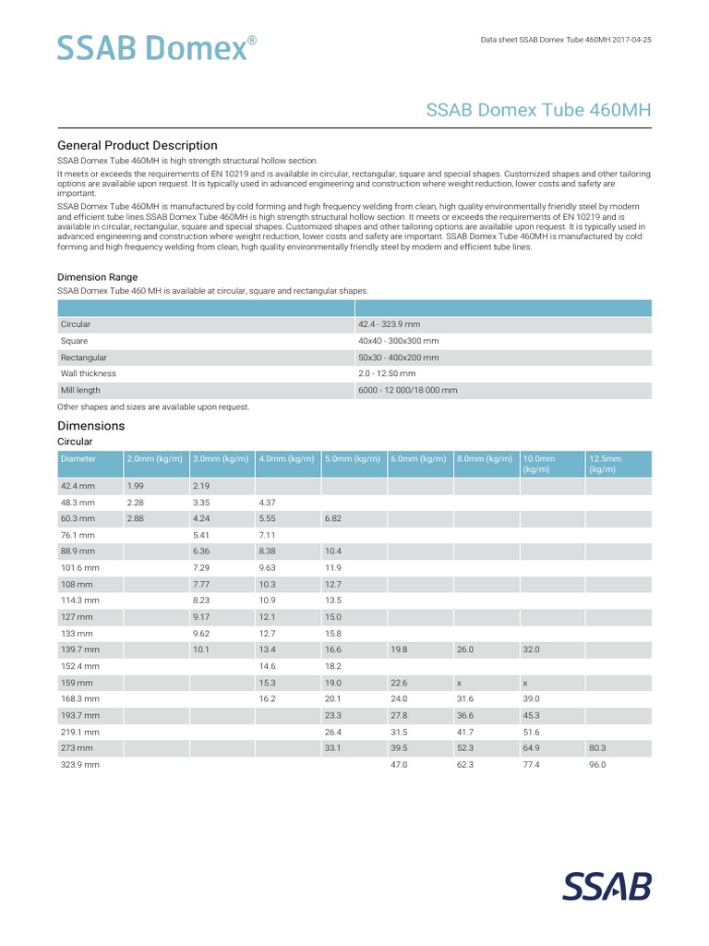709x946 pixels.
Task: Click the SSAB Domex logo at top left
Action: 151,47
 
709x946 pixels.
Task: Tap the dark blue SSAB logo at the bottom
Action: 607,886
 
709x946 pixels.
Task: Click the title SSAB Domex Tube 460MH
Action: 538,110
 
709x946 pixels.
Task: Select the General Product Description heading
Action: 138,145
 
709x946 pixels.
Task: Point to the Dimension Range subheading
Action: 98,276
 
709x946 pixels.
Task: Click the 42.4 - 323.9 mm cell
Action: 389,324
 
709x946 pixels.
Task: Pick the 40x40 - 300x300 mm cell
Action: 398,341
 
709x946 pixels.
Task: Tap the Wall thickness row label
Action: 89,373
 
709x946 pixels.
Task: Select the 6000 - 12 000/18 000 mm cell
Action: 408,390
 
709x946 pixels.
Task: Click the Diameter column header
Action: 78,458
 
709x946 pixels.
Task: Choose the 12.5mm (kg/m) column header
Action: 605,464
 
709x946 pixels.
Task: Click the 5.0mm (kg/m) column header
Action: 353,458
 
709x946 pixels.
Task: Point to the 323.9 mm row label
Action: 79,766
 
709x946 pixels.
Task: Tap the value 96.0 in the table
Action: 597,766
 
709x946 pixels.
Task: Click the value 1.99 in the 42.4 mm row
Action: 136,485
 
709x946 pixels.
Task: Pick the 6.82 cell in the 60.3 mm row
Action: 333,518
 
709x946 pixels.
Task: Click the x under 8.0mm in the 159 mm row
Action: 460,683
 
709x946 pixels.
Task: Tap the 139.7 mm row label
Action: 79,649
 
